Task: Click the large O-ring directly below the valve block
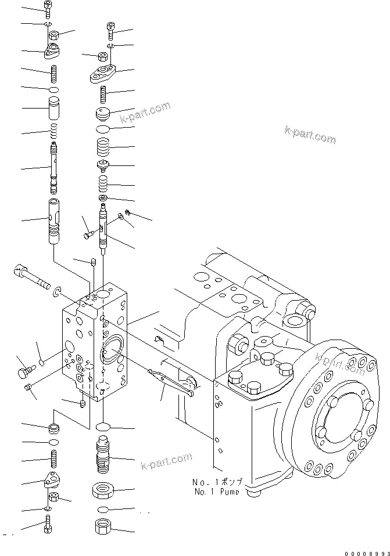point(102,427)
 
